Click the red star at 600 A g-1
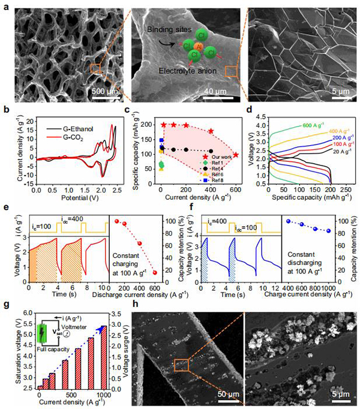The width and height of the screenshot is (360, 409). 236,155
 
